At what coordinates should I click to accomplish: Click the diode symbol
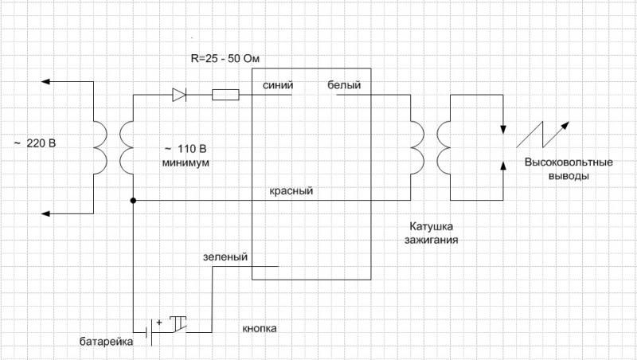179,95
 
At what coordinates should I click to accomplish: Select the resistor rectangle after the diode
225,95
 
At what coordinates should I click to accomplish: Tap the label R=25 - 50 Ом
225,58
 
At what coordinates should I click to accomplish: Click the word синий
278,85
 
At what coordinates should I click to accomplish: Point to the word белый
344,85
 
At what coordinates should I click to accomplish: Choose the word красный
291,190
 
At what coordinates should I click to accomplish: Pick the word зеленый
225,256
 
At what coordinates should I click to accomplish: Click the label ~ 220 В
35,143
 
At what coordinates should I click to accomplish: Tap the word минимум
186,162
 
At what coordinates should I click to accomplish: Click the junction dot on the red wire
133,201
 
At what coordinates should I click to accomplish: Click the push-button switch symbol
178,324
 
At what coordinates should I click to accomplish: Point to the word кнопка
260,328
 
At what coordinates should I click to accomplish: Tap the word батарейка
106,342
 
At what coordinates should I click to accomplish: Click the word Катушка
431,226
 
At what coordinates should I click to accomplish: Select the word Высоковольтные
569,162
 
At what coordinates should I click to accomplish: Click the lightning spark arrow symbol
543,135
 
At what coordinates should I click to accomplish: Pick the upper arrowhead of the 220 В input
45,82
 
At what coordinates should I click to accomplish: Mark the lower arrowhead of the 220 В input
45,213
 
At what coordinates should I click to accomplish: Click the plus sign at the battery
158,323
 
